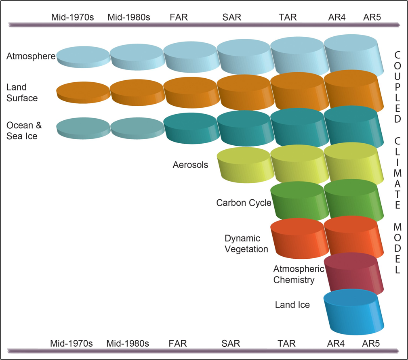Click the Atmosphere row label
31,57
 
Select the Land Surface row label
22,92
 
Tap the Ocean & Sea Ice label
24,131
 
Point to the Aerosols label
190,165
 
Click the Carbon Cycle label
244,203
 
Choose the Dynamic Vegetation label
246,244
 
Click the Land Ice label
292,305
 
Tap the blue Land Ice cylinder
352,313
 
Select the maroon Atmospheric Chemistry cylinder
353,274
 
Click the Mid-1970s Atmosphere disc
83,57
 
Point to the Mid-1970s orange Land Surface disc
83,92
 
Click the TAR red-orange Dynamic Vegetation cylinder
297,238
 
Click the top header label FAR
179,17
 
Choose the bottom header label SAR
231,344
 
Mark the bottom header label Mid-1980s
128,344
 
